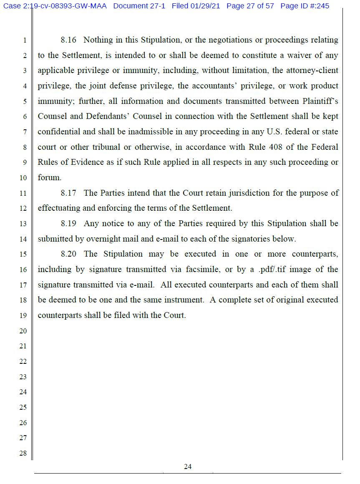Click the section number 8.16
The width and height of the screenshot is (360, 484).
68,40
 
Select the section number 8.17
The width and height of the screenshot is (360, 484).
68,193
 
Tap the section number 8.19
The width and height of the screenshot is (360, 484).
68,224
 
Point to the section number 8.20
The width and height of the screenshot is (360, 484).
68,254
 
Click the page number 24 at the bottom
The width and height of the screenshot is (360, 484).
188,466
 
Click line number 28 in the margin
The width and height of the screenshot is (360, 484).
23,453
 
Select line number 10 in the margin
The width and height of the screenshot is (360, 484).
23,178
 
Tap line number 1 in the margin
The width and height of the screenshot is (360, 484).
25,40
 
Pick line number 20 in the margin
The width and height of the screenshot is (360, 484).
23,331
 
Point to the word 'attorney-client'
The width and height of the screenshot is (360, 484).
312,71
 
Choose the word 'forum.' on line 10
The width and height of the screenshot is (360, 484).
49,178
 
